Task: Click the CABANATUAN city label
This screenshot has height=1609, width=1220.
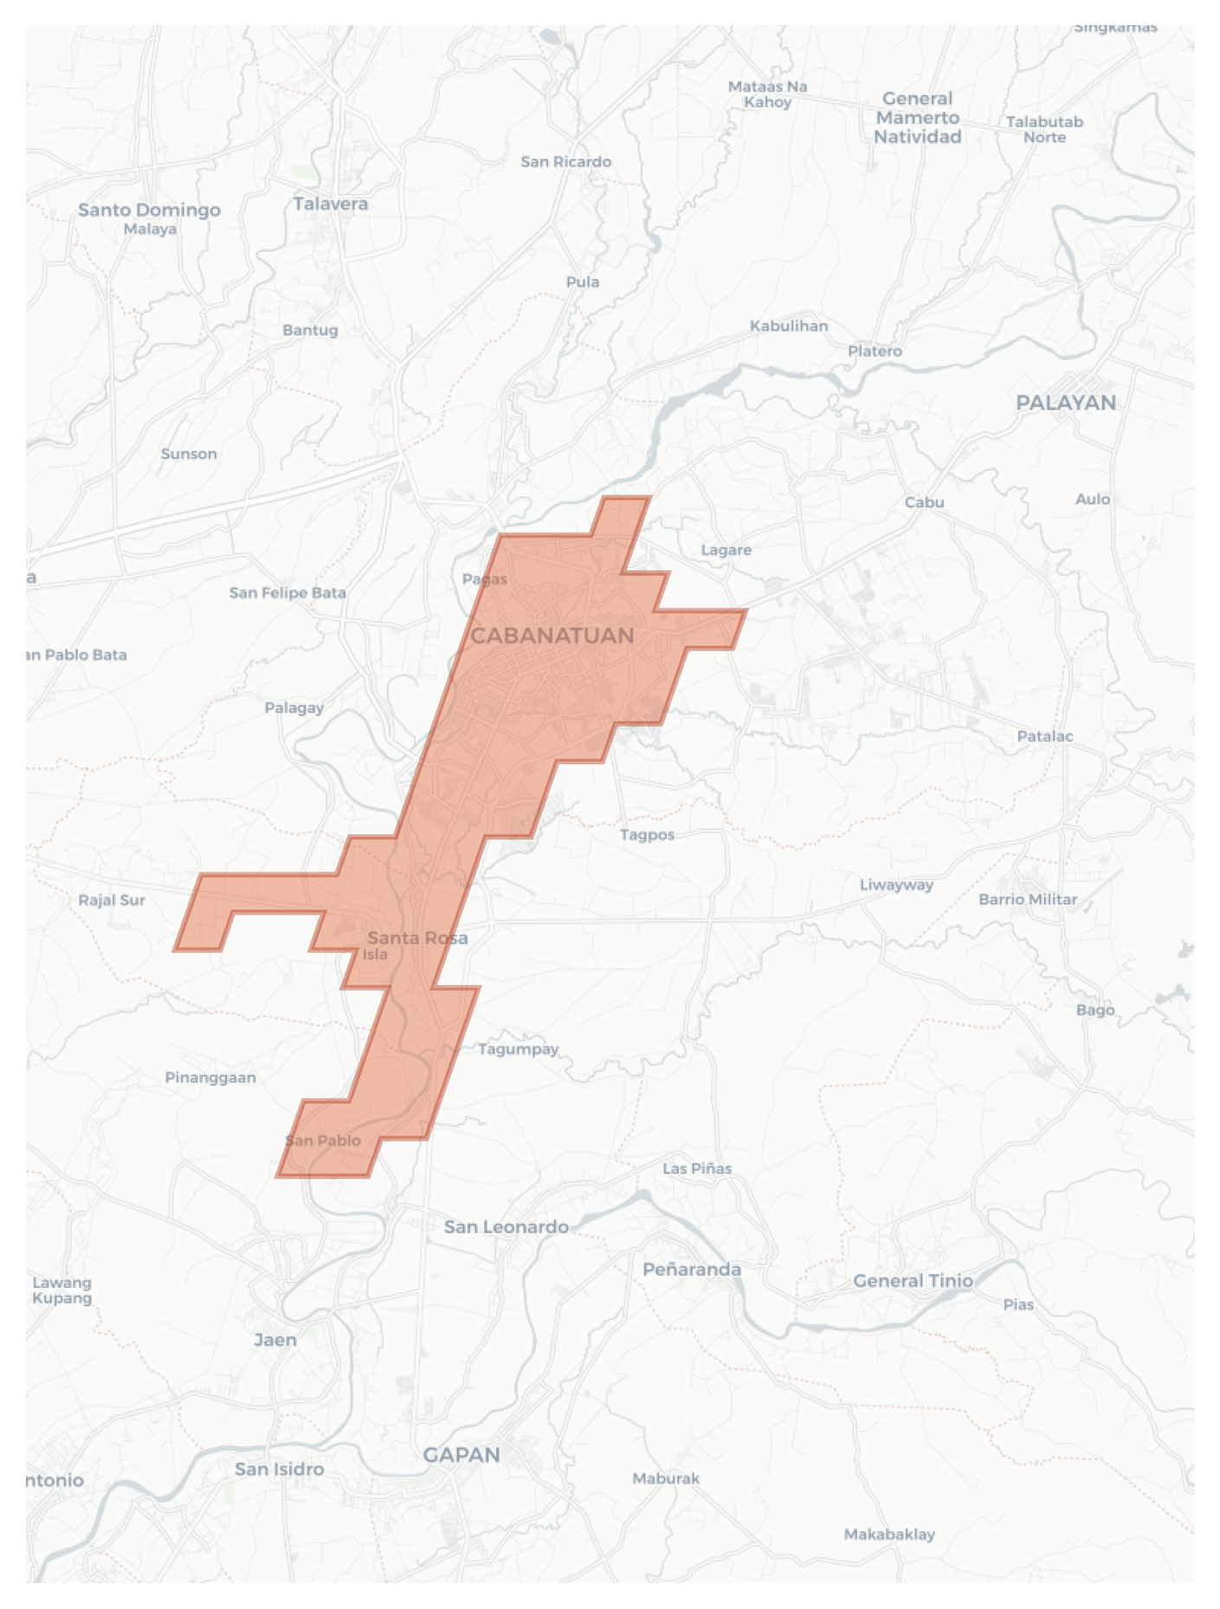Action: [552, 636]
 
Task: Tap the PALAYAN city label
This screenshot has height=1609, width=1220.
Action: [1065, 402]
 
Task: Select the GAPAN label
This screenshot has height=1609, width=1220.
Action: [461, 1455]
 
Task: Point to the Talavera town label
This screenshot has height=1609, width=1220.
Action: [330, 204]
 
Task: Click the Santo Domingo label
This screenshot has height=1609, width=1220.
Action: [149, 210]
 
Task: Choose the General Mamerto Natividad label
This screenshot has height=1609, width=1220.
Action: [917, 118]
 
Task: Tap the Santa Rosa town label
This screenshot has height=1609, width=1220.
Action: [417, 937]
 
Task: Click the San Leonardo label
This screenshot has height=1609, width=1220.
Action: [506, 1226]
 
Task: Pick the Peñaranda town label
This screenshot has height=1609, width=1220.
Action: [691, 1270]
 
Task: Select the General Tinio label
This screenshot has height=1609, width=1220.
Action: [913, 1281]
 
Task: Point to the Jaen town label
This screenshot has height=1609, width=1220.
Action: [275, 1340]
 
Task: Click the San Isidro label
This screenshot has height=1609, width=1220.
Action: [279, 1469]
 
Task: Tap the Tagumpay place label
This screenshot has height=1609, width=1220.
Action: [518, 1049]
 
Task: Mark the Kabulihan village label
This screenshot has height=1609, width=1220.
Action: [788, 326]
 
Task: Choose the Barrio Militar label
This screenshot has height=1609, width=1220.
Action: [1028, 899]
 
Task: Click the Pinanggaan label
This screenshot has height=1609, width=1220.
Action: [210, 1078]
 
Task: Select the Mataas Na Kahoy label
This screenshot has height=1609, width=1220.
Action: [767, 94]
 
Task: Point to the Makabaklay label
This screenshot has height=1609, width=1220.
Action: [889, 1535]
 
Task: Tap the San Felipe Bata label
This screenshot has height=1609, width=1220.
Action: [287, 593]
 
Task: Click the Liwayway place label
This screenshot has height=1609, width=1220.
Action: [896, 885]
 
